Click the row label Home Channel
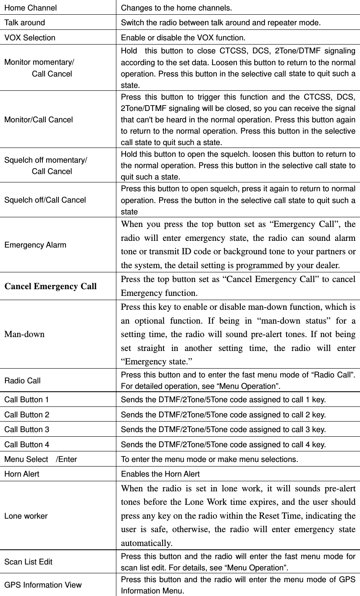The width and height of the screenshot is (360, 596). pos(30,8)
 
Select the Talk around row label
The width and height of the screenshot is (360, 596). pos(24,22)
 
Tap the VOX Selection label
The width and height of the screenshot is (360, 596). pos(30,37)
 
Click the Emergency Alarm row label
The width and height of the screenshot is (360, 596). pos(35,245)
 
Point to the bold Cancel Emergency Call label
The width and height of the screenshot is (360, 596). pos(50,287)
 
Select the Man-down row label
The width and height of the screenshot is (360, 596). pos(24,335)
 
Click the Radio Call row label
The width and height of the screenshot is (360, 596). pos(23,380)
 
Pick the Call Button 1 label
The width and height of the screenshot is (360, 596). pos(26,399)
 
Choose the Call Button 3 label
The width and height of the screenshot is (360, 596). pos(26,430)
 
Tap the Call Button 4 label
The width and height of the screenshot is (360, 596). pos(26,444)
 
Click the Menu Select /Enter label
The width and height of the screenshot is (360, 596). pos(40,459)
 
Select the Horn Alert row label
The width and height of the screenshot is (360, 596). pos(22,474)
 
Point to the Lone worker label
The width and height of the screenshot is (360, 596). pos(26,516)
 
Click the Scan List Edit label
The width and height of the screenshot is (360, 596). pos(28,562)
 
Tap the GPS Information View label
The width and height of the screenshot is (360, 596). pos(43,585)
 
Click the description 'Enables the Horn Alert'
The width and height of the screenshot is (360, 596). pos(160,474)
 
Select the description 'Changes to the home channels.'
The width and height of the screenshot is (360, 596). pos(176,8)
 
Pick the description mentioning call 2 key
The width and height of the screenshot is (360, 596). pos(223,414)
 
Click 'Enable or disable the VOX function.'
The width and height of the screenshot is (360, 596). pos(183,37)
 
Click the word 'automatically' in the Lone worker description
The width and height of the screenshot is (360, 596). pos(146,543)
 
